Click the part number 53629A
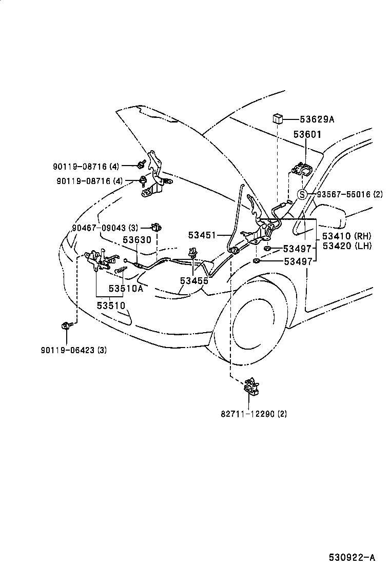click(317, 119)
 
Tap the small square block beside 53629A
click(278, 119)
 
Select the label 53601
click(307, 134)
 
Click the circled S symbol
click(303, 194)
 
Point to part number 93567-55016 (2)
click(349, 194)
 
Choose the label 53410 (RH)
click(346, 236)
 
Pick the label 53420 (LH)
click(346, 246)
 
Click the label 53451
click(203, 235)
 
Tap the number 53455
click(194, 280)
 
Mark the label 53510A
click(126, 288)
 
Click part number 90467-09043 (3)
click(105, 228)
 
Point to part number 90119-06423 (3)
click(73, 350)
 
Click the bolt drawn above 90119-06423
click(66, 325)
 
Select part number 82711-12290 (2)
click(254, 414)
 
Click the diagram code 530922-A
click(352, 556)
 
